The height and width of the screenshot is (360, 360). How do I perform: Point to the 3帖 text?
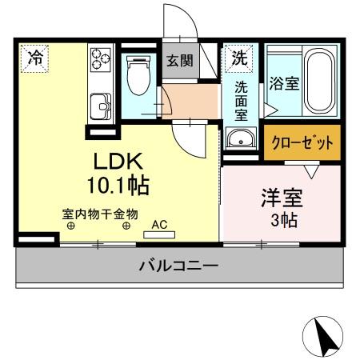(x=282, y=219)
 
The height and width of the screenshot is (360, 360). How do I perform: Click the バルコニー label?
(x=178, y=265)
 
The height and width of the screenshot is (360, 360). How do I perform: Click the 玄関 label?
(x=178, y=62)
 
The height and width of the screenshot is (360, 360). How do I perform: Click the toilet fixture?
(x=138, y=76)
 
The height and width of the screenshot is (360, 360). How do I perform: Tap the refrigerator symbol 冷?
(x=34, y=58)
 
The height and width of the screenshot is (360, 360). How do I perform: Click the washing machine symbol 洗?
(x=238, y=57)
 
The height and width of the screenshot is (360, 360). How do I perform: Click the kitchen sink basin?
(x=102, y=105)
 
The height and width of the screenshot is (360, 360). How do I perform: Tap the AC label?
(x=159, y=225)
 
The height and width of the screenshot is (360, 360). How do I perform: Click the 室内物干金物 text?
(x=100, y=214)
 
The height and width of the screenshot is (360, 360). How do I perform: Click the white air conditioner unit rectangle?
(x=159, y=235)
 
